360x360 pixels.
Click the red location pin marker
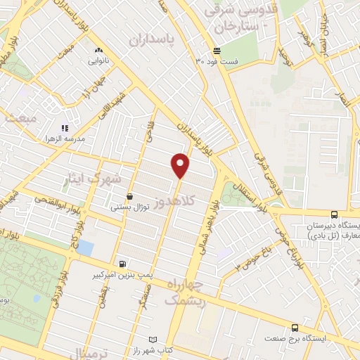click(181, 165)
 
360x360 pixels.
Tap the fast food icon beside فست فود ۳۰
click(217, 51)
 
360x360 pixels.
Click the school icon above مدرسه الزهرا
click(64, 128)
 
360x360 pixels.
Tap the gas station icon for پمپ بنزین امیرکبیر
click(124, 264)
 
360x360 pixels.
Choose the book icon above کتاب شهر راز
click(153, 340)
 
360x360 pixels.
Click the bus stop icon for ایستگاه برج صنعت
click(294, 327)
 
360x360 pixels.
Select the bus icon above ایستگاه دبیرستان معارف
click(333, 214)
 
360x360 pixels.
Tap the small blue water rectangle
click(85, 247)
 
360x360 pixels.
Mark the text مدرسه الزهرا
click(64, 139)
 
